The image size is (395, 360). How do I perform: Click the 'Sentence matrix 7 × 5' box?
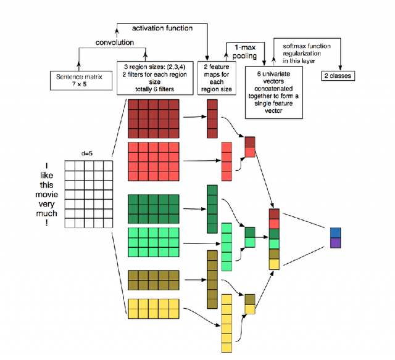(x=80, y=80)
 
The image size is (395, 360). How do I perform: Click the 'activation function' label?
(x=161, y=28)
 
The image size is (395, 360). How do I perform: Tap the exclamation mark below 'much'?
(x=46, y=223)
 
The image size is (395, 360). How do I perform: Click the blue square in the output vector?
(x=335, y=232)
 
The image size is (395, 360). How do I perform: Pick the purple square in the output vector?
(x=335, y=242)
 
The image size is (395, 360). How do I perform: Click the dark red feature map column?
(x=212, y=118)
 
